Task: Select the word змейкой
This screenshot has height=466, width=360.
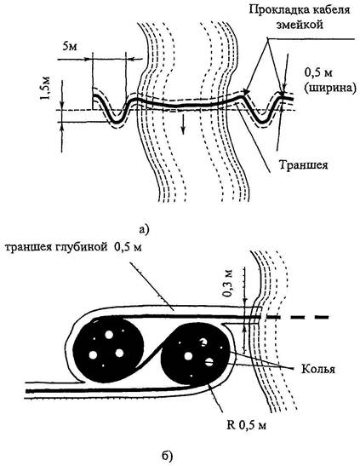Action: pyautogui.click(x=300, y=25)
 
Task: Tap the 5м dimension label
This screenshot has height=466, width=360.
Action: pyautogui.click(x=70, y=47)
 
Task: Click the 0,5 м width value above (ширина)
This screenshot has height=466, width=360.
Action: pyautogui.click(x=318, y=73)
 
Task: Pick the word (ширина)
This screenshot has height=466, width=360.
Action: pyautogui.click(x=330, y=89)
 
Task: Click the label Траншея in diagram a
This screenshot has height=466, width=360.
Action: pyautogui.click(x=304, y=164)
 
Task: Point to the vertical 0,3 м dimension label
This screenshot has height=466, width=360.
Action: pyautogui.click(x=228, y=284)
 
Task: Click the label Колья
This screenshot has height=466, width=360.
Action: pyautogui.click(x=318, y=369)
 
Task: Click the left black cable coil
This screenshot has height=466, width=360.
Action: pyautogui.click(x=108, y=349)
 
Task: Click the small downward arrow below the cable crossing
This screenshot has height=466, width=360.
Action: pyautogui.click(x=183, y=124)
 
